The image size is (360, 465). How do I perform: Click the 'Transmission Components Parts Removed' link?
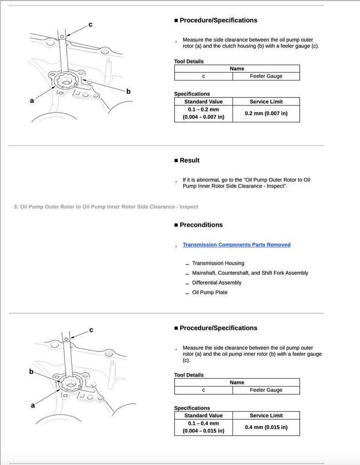click(236, 245)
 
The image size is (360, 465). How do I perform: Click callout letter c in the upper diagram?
click(90, 24)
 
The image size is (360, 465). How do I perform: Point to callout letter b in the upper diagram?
click(128, 92)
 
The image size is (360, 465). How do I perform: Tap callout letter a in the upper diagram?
click(32, 101)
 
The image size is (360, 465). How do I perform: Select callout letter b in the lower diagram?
click(31, 372)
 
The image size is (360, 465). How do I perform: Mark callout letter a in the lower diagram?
click(33, 405)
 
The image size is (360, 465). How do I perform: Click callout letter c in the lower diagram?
click(91, 330)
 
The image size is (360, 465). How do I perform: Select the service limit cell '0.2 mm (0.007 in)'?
click(266, 113)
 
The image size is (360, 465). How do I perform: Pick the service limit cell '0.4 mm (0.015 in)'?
click(266, 427)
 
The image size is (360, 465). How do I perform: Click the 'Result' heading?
click(189, 160)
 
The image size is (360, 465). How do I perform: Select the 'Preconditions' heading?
click(201, 225)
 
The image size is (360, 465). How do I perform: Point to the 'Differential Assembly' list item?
click(216, 283)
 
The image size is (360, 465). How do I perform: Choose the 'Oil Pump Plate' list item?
click(209, 292)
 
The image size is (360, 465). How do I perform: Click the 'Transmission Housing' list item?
click(218, 263)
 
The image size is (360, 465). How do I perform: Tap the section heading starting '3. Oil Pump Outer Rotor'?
click(106, 207)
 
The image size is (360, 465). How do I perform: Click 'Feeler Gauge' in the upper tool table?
click(266, 76)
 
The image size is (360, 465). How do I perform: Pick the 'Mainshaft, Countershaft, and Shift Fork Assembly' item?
click(250, 273)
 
